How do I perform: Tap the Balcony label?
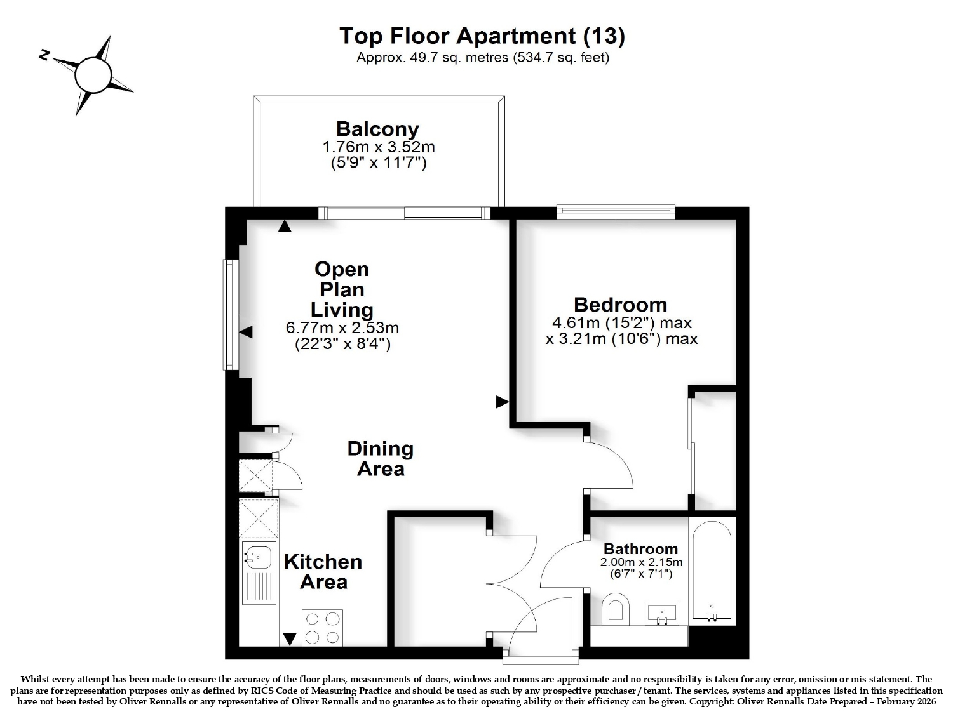coord(378,129)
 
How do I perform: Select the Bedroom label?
coord(621,305)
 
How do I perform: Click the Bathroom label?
coord(640,549)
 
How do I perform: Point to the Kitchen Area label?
coord(323,572)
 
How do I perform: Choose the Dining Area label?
coord(381,459)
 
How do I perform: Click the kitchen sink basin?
coord(259,557)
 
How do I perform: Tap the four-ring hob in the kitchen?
coord(322,628)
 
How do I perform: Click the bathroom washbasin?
coord(661,614)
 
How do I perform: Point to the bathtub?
coord(712,571)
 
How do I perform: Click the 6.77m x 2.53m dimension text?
coord(342,327)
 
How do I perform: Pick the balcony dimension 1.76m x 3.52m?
coord(378,147)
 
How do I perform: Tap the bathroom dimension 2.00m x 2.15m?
coord(641,563)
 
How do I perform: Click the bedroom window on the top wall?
coord(616,211)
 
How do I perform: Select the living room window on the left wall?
coord(231,314)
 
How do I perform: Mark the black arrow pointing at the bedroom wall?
coord(502,402)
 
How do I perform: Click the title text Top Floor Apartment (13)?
coord(482,36)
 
